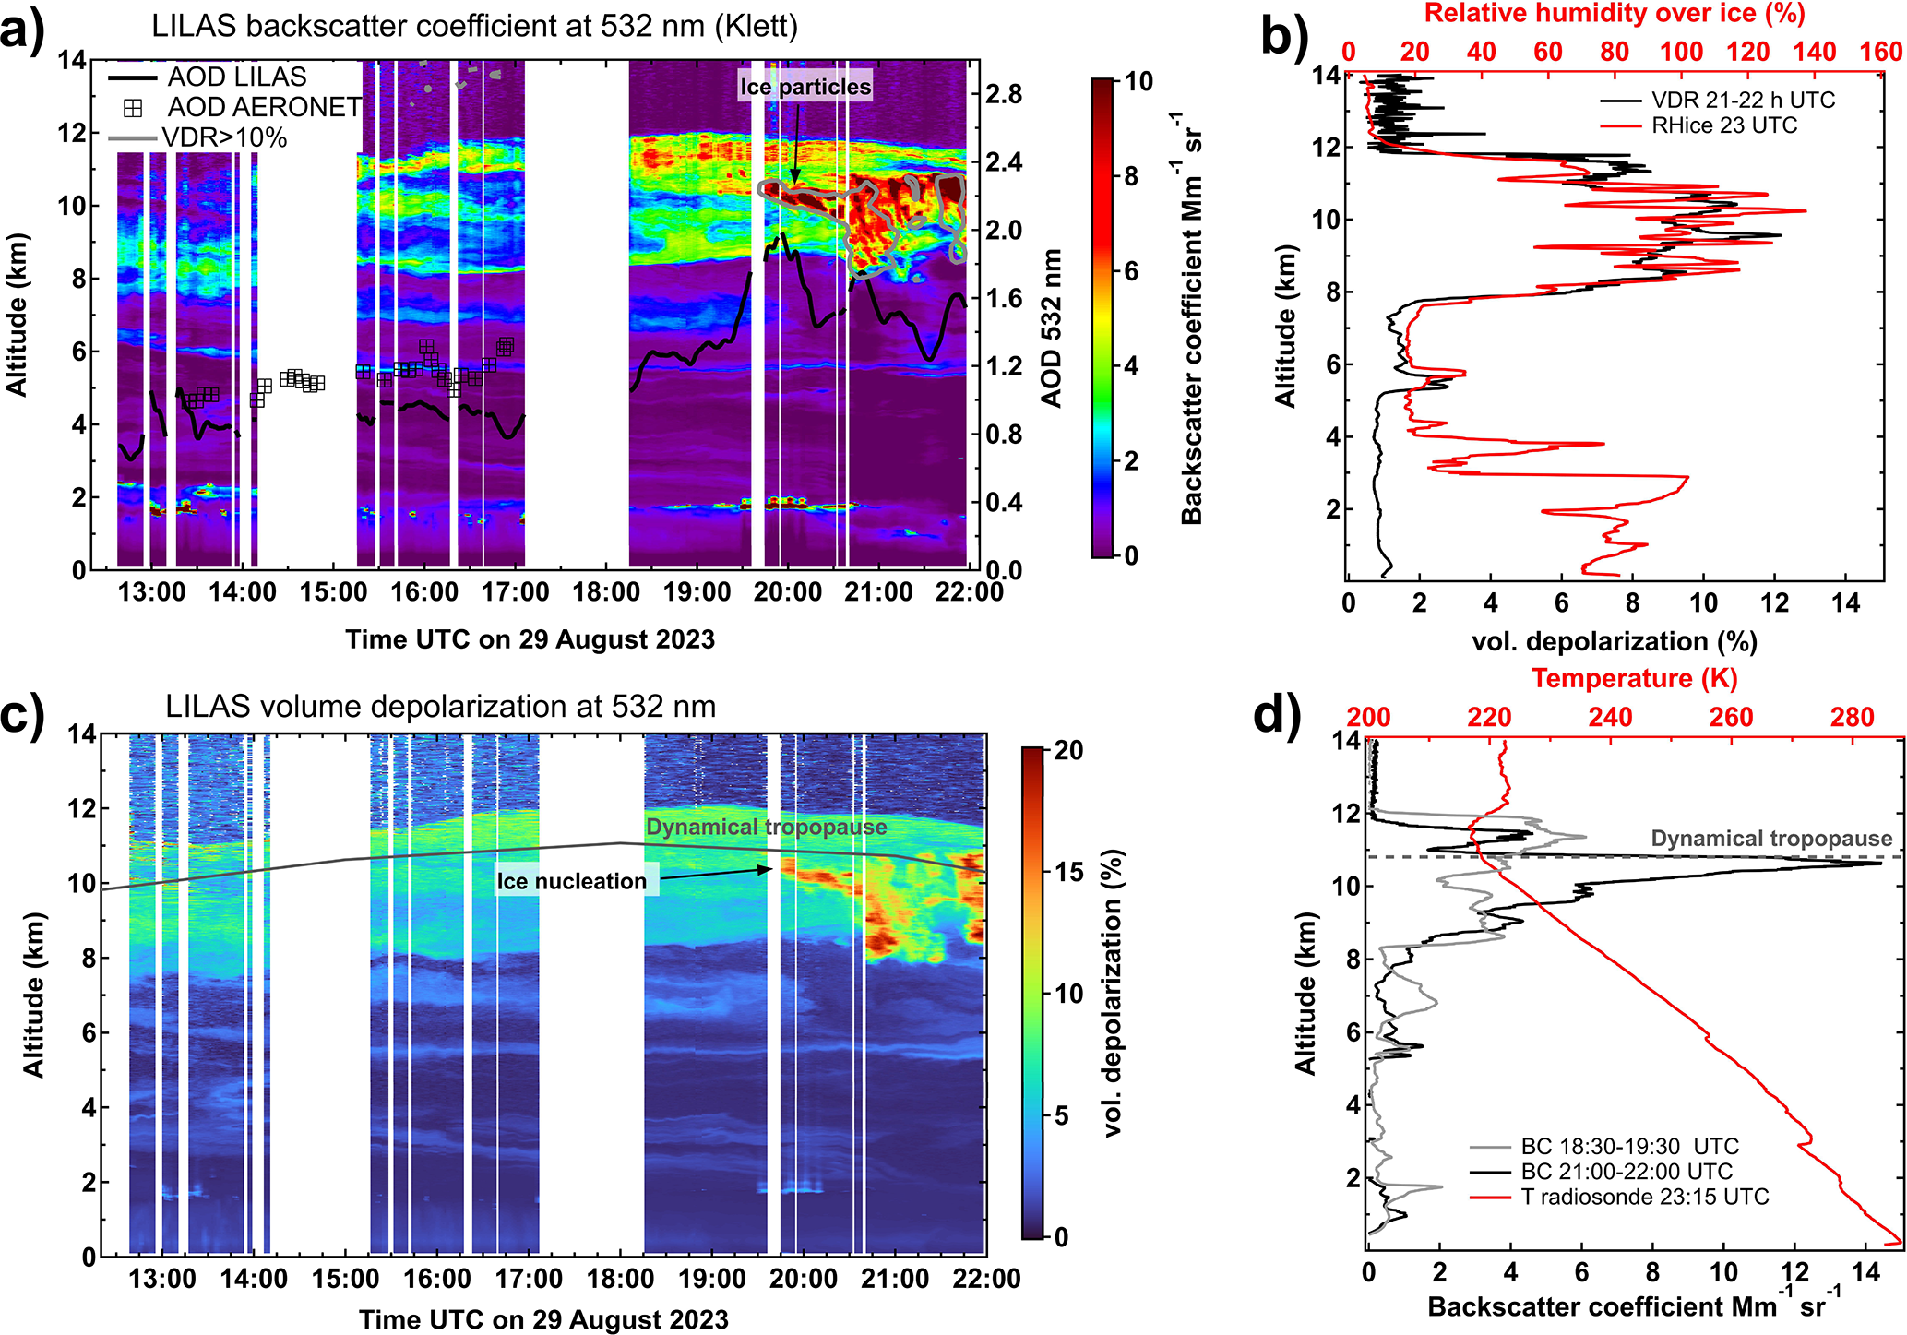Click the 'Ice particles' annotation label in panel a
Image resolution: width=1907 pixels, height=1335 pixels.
tap(805, 87)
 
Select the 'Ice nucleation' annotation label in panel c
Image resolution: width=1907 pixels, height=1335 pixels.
tap(572, 881)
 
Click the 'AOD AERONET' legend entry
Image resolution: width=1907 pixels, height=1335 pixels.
tap(264, 107)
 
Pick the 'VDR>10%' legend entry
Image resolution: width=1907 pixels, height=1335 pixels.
tap(224, 138)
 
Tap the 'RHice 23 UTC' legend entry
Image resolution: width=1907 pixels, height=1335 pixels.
tap(1724, 125)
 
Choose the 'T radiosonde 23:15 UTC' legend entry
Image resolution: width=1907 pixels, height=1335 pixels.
tap(1645, 1198)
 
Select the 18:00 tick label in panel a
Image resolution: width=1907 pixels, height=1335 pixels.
tap(605, 592)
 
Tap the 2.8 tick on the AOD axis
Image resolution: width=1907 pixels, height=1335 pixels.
tap(1003, 94)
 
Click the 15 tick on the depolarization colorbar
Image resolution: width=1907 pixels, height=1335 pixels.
tap(1068, 872)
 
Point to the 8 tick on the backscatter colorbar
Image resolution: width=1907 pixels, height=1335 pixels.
tap(1131, 176)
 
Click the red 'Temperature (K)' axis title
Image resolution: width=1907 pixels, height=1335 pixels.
tap(1635, 678)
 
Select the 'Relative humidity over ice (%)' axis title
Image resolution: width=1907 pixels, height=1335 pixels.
tap(1615, 14)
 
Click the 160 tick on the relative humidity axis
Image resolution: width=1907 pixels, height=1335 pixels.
tap(1880, 52)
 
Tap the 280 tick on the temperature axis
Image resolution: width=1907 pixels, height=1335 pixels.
tap(1852, 717)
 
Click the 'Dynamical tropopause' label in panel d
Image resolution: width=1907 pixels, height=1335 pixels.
tap(1771, 839)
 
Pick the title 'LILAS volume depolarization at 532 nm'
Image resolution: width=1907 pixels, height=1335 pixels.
tap(441, 707)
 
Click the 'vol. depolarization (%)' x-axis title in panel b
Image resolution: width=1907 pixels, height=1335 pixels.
tap(1614, 641)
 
